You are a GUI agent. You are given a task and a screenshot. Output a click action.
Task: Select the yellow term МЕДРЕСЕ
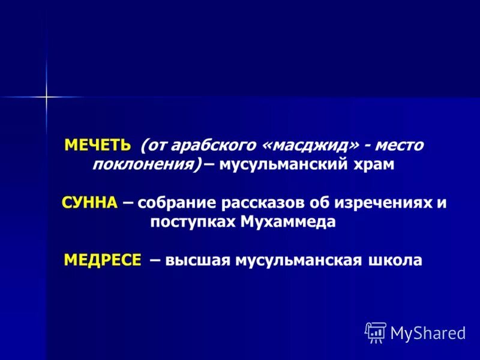coord(103,260)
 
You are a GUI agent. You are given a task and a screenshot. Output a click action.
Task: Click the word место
coord(401,145)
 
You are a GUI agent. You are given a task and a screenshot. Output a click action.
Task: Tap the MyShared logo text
coord(427,332)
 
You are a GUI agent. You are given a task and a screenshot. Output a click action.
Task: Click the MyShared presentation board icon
coord(376,332)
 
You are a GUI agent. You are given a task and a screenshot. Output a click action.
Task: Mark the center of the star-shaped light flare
coord(45,97)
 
